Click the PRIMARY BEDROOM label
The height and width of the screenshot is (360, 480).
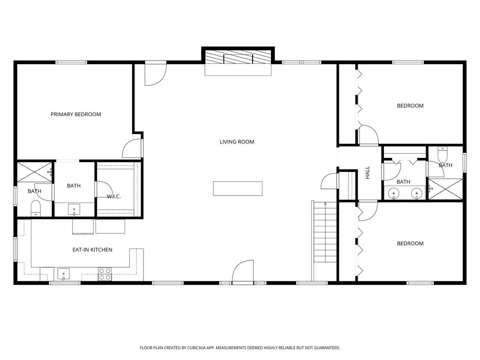pyautogui.click(x=75, y=114)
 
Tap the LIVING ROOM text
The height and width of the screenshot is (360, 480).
pyautogui.click(x=237, y=142)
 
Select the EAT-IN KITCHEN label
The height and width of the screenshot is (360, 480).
pyautogui.click(x=92, y=250)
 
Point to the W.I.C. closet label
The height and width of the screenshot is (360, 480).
pyautogui.click(x=113, y=196)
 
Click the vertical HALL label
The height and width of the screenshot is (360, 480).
pyautogui.click(x=367, y=172)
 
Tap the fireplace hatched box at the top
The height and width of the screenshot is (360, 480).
pyautogui.click(x=238, y=57)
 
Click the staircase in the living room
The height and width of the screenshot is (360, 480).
pyautogui.click(x=325, y=232)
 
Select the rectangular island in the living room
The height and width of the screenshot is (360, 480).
pyautogui.click(x=238, y=188)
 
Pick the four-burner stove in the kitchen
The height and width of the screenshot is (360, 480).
pyautogui.click(x=105, y=274)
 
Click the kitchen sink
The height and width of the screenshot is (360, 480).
pyautogui.click(x=63, y=274)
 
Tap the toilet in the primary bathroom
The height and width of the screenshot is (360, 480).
pyautogui.click(x=36, y=208)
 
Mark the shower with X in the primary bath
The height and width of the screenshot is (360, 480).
pyautogui.click(x=35, y=172)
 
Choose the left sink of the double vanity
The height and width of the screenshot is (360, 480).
pyautogui.click(x=393, y=194)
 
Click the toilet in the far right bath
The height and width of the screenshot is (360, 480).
pyautogui.click(x=442, y=155)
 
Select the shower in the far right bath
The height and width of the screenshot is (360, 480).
pyautogui.click(x=445, y=189)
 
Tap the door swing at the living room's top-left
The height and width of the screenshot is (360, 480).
pyautogui.click(x=156, y=74)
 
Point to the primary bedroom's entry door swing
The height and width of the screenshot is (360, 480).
pyautogui.click(x=133, y=149)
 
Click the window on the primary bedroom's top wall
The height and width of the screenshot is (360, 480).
pyautogui.click(x=71, y=62)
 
